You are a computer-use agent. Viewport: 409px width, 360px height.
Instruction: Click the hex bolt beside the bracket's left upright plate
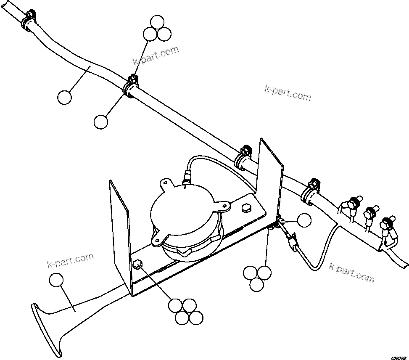(x=137, y=265)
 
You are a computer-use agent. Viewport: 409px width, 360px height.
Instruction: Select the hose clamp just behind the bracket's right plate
(x=243, y=156)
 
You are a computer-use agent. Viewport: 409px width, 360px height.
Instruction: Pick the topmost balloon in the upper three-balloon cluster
(x=157, y=22)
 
